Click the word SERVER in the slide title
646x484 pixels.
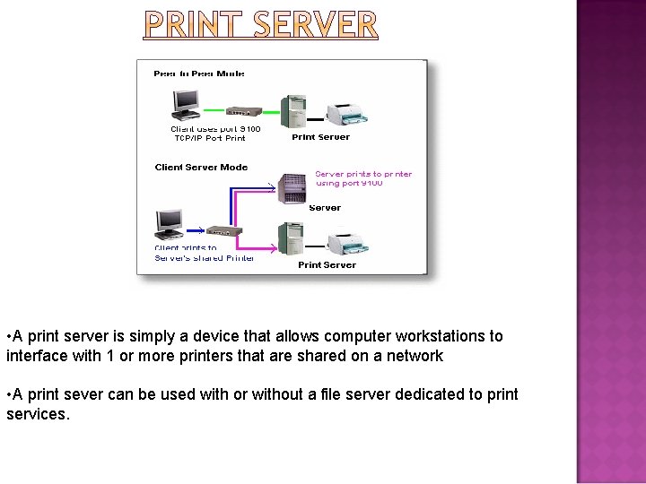pyautogui.click(x=315, y=24)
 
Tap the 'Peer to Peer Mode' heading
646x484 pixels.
pyautogui.click(x=199, y=73)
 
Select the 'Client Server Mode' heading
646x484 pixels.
pyautogui.click(x=201, y=167)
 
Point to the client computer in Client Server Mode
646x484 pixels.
pyautogui.click(x=169, y=224)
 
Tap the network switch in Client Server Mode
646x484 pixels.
pyautogui.click(x=224, y=230)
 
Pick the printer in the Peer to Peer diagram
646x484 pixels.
pyautogui.click(x=347, y=114)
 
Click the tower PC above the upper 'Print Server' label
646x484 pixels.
pyautogui.click(x=293, y=111)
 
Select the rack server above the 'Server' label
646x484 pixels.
pyautogui.click(x=293, y=188)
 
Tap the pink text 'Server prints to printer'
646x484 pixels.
pyautogui.click(x=363, y=174)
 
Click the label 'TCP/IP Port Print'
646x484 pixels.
pyautogui.click(x=210, y=138)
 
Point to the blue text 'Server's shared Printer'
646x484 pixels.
pyautogui.click(x=205, y=258)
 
